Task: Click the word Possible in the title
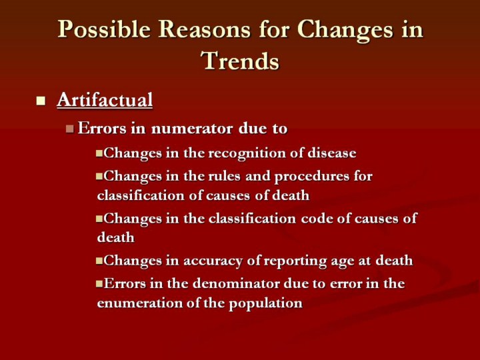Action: click(x=104, y=30)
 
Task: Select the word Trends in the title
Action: click(x=240, y=60)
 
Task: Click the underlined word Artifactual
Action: click(x=105, y=100)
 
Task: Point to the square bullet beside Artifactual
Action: click(x=41, y=101)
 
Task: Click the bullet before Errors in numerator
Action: click(x=70, y=129)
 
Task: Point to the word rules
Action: click(x=224, y=176)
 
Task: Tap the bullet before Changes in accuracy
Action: click(x=99, y=261)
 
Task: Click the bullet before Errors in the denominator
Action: click(x=99, y=284)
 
